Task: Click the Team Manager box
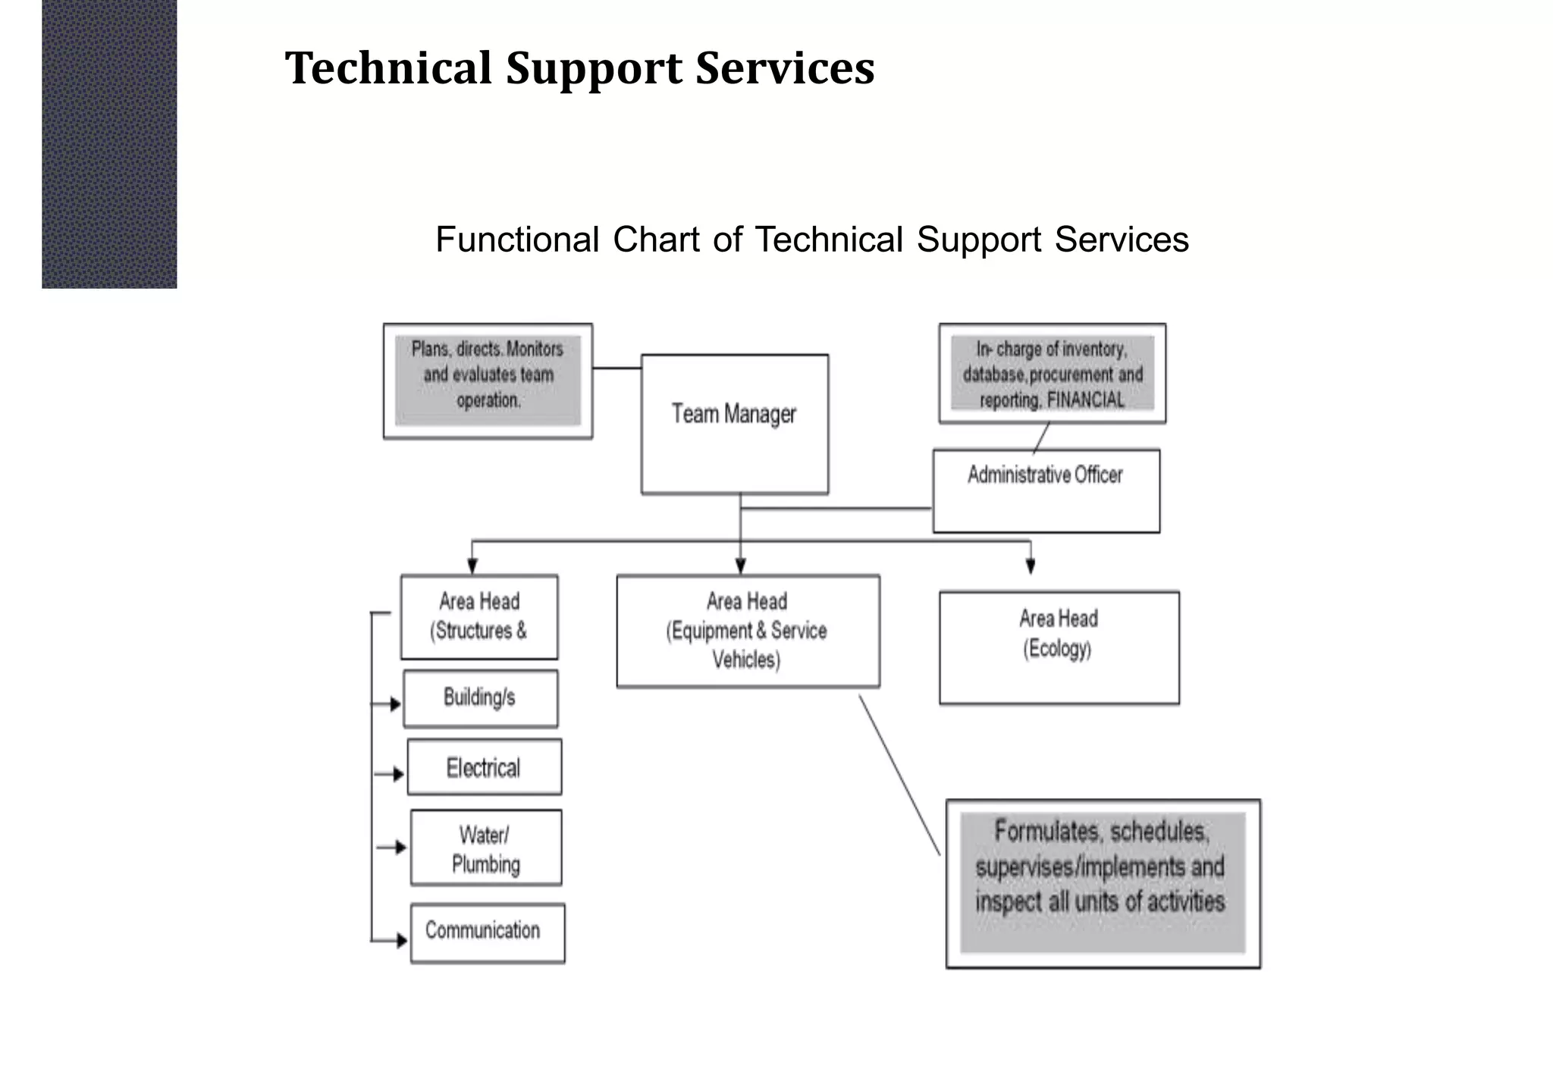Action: pyautogui.click(x=734, y=424)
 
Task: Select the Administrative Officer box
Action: pyautogui.click(x=1046, y=490)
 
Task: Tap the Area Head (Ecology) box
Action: pyautogui.click(x=1059, y=647)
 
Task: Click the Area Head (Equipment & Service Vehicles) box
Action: pyautogui.click(x=748, y=631)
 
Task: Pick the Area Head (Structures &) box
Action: pyautogui.click(x=479, y=616)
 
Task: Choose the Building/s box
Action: pyautogui.click(x=480, y=698)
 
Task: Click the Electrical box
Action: pyautogui.click(x=484, y=767)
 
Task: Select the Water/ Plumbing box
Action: pyautogui.click(x=486, y=848)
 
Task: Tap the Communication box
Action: pyautogui.click(x=487, y=932)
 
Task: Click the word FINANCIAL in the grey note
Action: pyautogui.click(x=1085, y=400)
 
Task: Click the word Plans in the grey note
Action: pyautogui.click(x=430, y=349)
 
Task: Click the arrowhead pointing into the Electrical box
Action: pyautogui.click(x=399, y=774)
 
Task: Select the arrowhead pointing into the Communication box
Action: pyautogui.click(x=402, y=941)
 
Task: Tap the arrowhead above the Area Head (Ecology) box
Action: pyautogui.click(x=1030, y=566)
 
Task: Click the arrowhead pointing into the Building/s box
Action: pyautogui.click(x=395, y=704)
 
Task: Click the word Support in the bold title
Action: pyautogui.click(x=594, y=68)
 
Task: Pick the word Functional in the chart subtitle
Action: pyautogui.click(x=517, y=240)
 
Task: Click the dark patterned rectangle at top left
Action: pyautogui.click(x=109, y=144)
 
